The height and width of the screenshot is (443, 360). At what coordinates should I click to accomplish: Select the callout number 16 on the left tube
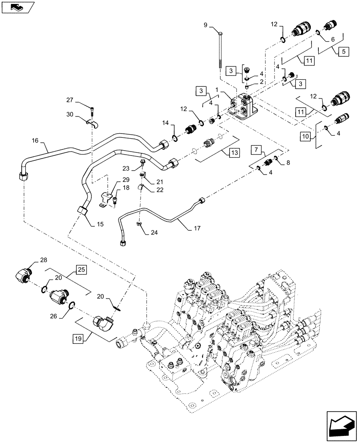pyautogui.click(x=35, y=141)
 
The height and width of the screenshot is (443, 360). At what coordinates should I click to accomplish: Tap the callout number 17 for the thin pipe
pyautogui.click(x=197, y=229)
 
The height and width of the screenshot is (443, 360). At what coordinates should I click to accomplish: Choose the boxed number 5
pyautogui.click(x=343, y=51)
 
